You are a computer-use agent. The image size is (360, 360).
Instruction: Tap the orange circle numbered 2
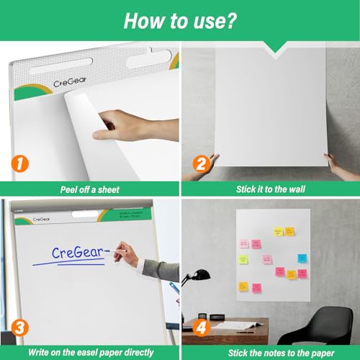[200, 164]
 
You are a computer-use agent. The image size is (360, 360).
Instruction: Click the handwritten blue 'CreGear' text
[79, 253]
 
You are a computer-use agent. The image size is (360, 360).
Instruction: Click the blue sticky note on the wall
[301, 258]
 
